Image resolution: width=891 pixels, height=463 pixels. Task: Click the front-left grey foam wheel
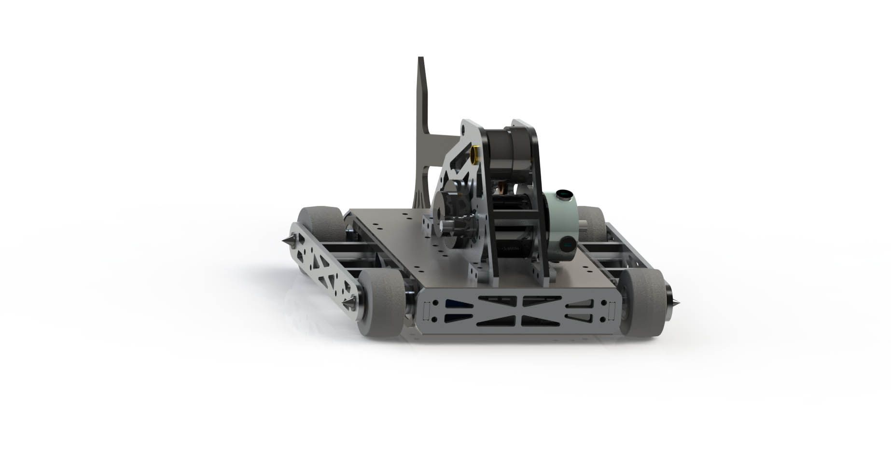coord(383,302)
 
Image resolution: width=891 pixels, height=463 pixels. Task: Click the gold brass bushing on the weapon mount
coord(475,154)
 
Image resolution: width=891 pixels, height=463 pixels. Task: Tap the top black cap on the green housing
coord(562,195)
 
